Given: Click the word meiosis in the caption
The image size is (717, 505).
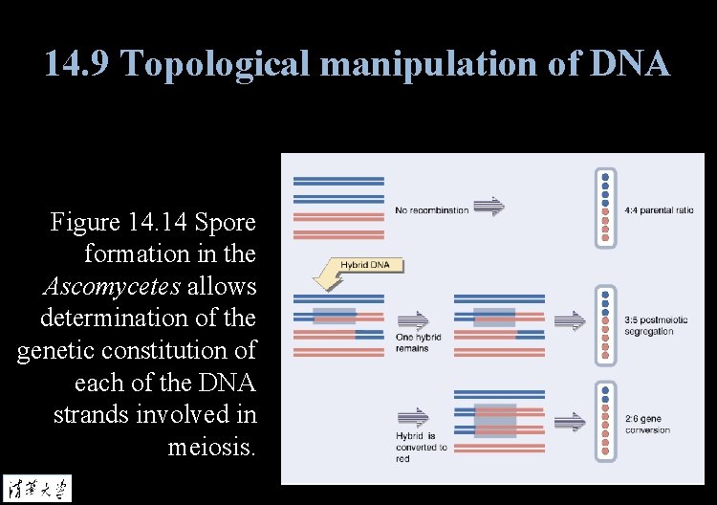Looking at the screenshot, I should coord(211,446).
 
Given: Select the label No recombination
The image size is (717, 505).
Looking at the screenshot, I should coord(431,210).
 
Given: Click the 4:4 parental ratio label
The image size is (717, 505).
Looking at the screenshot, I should coord(659,209).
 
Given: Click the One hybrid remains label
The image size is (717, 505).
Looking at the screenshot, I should coord(413,342).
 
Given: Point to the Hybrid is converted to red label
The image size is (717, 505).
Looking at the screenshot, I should coord(421,447).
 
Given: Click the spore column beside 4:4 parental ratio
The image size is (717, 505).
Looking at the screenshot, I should coord(604,209).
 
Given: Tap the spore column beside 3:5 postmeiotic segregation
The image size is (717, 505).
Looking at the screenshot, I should coord(604,325).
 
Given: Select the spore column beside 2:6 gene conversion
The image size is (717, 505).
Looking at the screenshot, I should coord(604,422).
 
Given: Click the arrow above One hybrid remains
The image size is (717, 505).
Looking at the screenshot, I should coord(413,319).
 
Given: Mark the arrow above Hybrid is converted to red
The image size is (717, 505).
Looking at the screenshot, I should coord(413,417).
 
